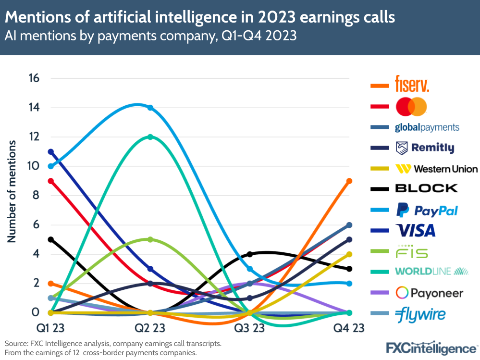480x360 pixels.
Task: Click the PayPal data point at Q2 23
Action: point(150,108)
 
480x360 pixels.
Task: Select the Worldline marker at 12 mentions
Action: point(150,137)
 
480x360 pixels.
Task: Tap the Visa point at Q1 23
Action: point(50,152)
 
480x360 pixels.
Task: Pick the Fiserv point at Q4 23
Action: point(349,181)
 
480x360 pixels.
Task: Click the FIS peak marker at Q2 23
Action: point(150,239)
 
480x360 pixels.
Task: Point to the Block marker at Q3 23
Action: point(250,254)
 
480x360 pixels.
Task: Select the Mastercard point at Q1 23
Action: point(50,181)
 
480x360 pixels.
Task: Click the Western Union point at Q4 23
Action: point(349,254)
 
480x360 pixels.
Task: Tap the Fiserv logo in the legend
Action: point(411,84)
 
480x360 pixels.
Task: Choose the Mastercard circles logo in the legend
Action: point(411,106)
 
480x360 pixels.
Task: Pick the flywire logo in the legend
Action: point(420,315)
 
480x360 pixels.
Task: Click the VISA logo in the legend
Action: point(415,230)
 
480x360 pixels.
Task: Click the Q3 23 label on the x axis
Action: point(250,329)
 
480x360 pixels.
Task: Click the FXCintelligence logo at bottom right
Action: point(431,348)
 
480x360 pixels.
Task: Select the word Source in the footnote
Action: point(17,344)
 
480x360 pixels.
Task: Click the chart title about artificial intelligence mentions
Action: point(200,17)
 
